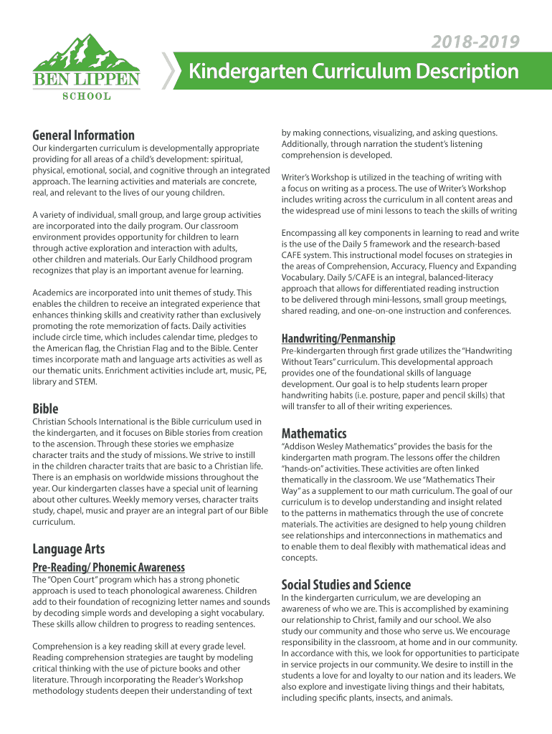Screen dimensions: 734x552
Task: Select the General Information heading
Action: [x=83, y=135]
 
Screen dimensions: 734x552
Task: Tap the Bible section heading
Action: [x=45, y=409]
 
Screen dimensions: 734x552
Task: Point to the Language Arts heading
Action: [x=68, y=549]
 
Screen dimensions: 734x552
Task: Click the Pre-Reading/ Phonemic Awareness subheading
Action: [x=108, y=567]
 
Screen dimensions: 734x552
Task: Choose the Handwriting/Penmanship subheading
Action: [x=338, y=338]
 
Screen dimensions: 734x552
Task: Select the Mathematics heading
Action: [x=314, y=434]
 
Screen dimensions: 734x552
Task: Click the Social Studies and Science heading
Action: [x=346, y=584]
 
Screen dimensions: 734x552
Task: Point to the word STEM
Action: [x=85, y=382]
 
